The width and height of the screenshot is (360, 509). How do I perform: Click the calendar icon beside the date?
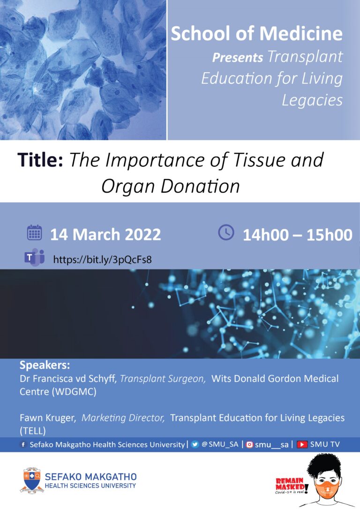click(34, 232)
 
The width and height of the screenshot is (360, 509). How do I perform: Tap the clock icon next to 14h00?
click(226, 232)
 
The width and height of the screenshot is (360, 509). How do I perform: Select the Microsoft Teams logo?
click(34, 258)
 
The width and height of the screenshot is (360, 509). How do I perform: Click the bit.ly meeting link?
click(102, 260)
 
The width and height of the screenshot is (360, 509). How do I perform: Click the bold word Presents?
click(237, 58)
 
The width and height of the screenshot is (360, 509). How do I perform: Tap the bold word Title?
click(40, 160)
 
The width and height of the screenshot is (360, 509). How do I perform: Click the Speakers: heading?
click(45, 365)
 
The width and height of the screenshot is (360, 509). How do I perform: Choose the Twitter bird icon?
click(195, 444)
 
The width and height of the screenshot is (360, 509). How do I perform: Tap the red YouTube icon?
click(302, 444)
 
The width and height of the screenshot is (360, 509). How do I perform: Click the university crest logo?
click(32, 480)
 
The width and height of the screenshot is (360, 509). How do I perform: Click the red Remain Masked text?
click(290, 484)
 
